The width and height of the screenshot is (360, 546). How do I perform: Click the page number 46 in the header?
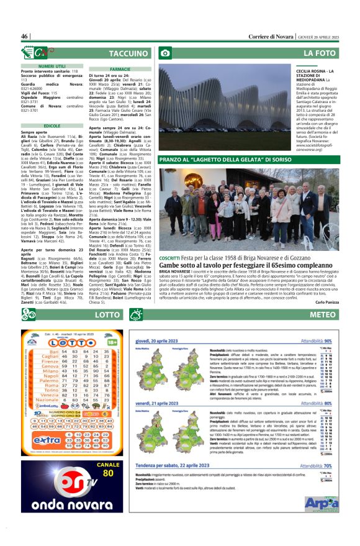[25, 37]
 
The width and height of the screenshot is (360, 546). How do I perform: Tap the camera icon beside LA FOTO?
[166, 54]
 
